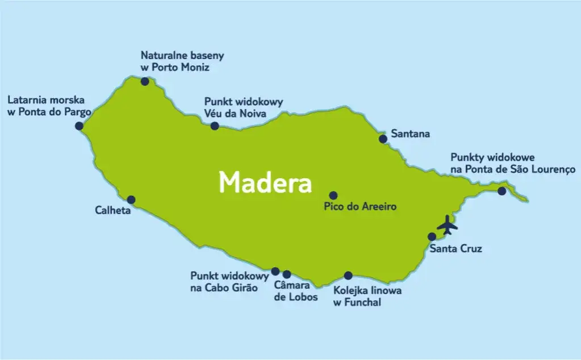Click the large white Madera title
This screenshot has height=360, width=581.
[265, 183]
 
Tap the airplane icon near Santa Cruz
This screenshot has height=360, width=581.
[448, 225]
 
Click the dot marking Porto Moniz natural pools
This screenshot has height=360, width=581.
[145, 82]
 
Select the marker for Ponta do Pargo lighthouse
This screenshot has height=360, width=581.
[79, 125]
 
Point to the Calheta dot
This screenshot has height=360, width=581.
[131, 200]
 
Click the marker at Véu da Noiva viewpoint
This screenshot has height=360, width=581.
[215, 125]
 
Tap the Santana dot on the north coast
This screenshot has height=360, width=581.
[383, 139]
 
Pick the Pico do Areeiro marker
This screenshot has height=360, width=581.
[333, 195]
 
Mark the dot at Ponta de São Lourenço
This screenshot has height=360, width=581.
[501, 191]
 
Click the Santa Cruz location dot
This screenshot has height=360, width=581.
[432, 237]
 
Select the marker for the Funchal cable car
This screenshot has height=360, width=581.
[348, 275]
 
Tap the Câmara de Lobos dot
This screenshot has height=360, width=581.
[286, 274]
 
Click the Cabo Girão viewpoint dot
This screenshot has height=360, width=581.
[275, 271]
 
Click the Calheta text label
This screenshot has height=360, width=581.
[113, 211]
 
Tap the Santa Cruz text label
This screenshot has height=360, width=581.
[455, 249]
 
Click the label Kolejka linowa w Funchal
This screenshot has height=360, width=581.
[367, 297]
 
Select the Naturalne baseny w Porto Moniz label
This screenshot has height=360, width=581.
[182, 61]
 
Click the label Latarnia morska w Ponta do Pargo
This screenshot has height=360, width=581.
[49, 106]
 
